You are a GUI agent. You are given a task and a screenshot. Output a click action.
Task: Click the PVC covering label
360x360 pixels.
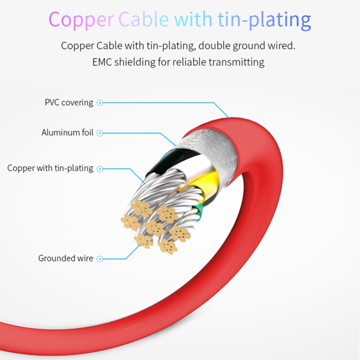[x=69, y=102]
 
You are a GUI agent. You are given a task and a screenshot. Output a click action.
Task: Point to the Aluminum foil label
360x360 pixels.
[x=67, y=132]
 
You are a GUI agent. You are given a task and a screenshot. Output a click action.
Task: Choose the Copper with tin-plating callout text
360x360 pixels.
[x=50, y=168]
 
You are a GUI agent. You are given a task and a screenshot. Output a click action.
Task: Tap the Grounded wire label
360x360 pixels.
[x=66, y=258]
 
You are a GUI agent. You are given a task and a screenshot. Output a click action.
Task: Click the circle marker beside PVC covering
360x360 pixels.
[x=100, y=102]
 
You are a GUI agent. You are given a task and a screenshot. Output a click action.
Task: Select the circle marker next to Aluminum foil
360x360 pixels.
[x=100, y=133]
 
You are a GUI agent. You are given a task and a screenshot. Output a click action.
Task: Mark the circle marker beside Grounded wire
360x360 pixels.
[x=100, y=259]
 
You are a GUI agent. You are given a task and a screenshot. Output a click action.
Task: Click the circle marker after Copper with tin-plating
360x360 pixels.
[x=100, y=168]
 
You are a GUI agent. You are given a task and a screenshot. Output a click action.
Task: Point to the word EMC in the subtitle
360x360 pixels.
[x=101, y=62]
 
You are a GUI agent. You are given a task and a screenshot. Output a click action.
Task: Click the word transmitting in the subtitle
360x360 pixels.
[x=239, y=62]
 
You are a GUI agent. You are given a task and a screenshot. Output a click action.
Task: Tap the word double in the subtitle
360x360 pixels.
[x=213, y=47]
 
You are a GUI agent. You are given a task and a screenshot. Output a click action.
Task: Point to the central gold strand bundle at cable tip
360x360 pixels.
[x=154, y=227]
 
